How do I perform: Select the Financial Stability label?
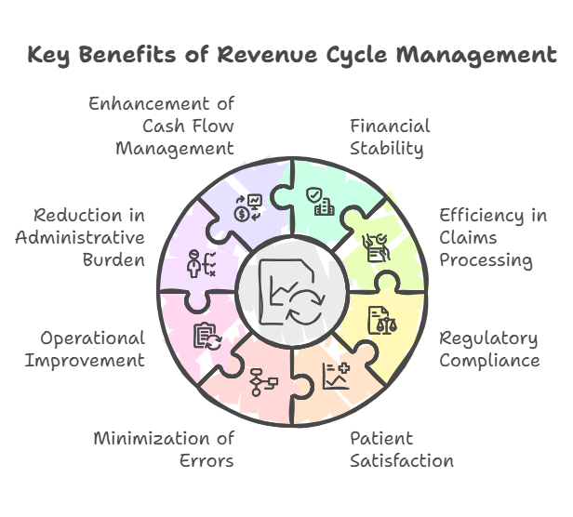point(390,137)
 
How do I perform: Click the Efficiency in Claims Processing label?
point(493,238)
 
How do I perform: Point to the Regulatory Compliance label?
point(489,349)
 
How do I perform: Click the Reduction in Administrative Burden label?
point(80,238)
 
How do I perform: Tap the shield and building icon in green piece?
point(321,201)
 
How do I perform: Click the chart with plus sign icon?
point(335,375)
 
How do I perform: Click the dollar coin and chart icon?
point(247,206)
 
